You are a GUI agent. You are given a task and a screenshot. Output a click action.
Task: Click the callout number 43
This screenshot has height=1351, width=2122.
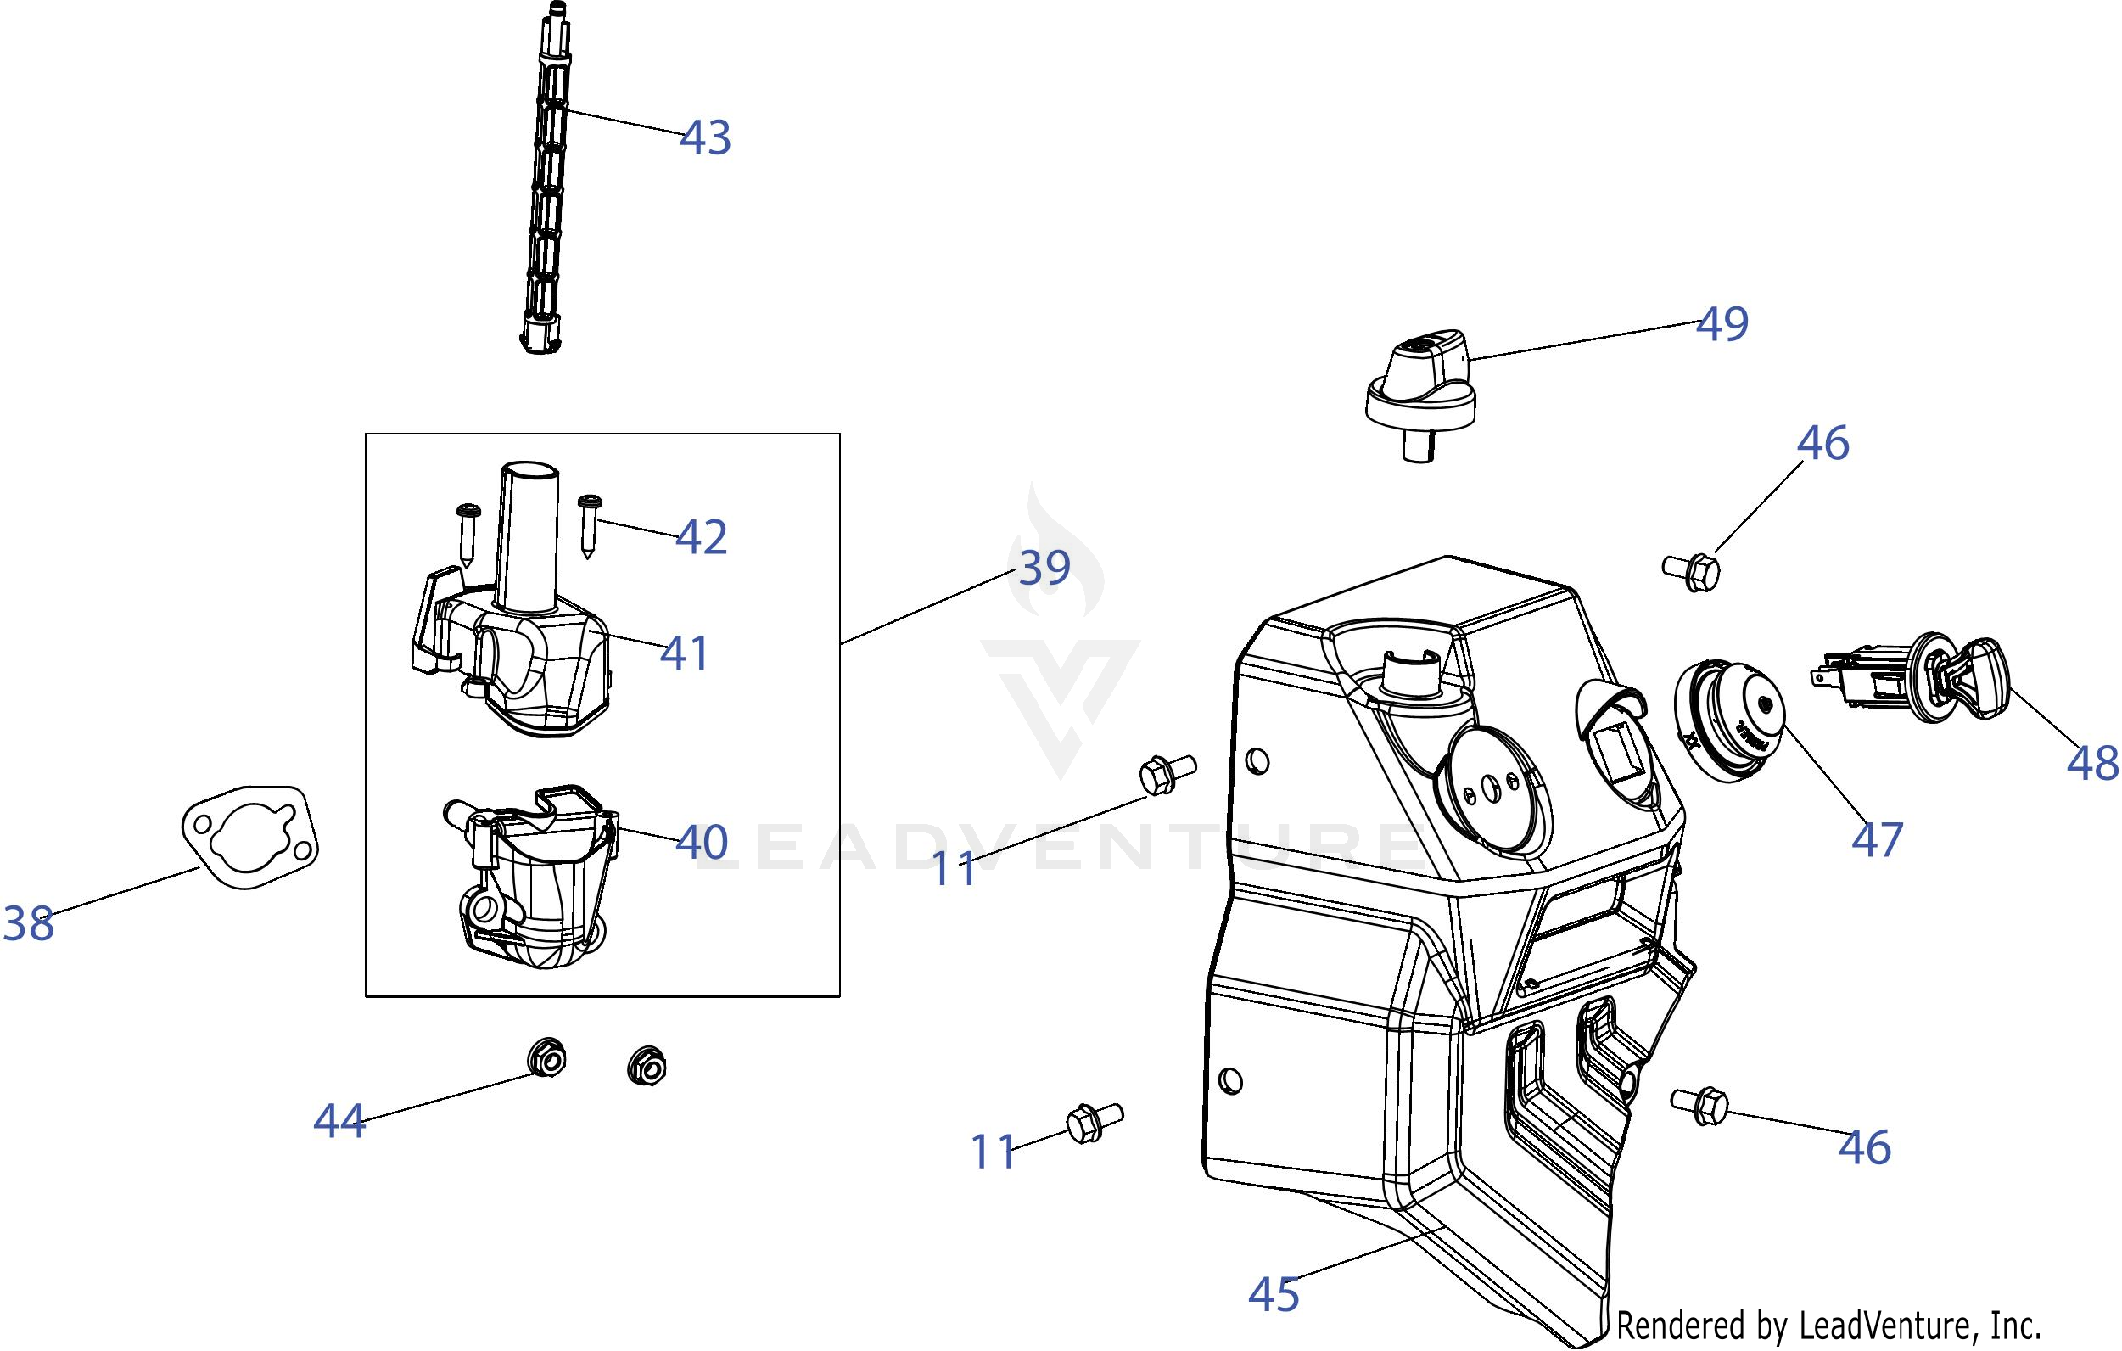[705, 138]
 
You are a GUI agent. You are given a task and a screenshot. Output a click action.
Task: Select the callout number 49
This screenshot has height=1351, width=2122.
[1722, 324]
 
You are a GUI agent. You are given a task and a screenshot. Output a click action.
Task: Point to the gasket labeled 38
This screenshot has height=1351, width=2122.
[250, 837]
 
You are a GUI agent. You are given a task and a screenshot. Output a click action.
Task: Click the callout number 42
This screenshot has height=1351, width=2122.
[702, 536]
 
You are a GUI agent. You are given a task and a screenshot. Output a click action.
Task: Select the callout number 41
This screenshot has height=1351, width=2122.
[685, 654]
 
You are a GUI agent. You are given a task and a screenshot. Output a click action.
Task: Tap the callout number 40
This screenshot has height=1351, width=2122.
[702, 843]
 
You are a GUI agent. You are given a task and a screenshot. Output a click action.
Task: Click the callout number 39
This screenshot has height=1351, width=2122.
[1044, 568]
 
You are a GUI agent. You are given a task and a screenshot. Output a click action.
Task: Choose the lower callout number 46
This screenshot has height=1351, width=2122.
[1865, 1147]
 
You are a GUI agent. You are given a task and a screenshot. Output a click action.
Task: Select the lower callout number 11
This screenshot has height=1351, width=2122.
[994, 1152]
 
